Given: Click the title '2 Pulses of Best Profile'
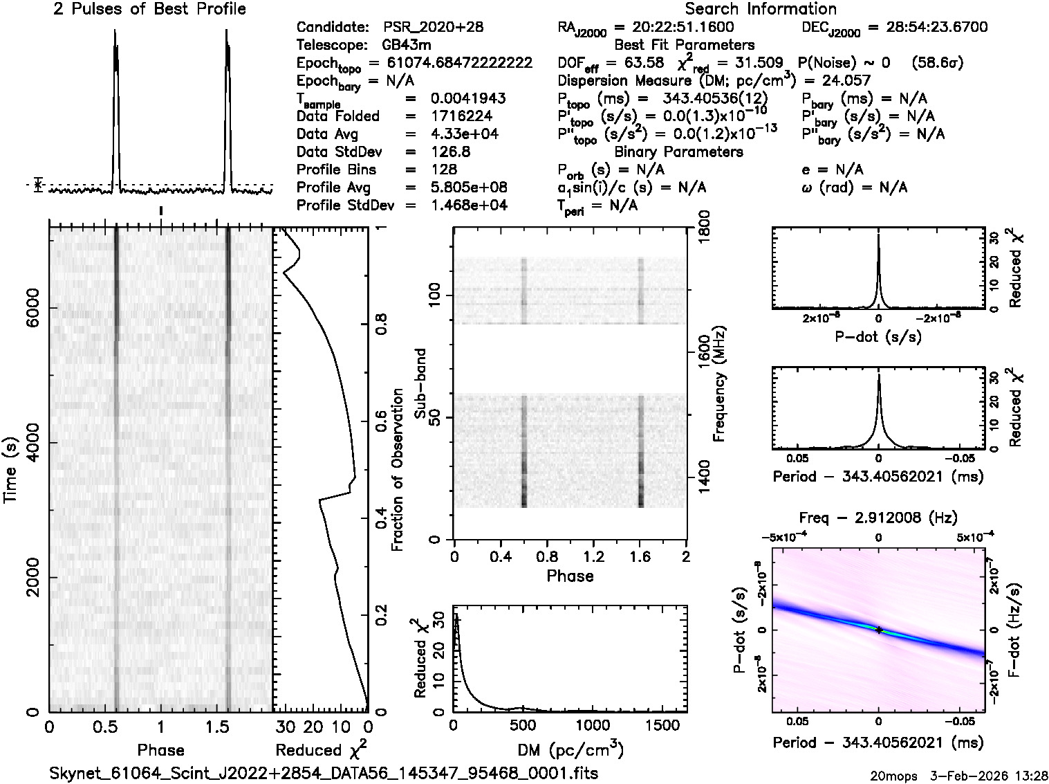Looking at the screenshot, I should coord(149,9).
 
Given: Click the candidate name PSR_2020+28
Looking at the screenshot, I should coord(433,28).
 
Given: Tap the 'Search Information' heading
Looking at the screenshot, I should coord(761,9).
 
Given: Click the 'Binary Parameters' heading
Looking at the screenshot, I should coord(678,152).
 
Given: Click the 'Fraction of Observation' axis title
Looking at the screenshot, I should coord(398,470).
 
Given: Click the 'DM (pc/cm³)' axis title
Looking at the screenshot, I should coord(570,750).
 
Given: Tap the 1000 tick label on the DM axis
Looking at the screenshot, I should coord(593,725).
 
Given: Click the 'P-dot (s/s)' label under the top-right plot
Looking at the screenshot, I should coord(878,337).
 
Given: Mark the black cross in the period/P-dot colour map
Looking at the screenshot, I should coord(879,630).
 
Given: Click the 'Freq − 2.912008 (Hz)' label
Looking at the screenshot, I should coord(878,518).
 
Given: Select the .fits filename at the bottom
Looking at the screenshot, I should coord(324,773).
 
